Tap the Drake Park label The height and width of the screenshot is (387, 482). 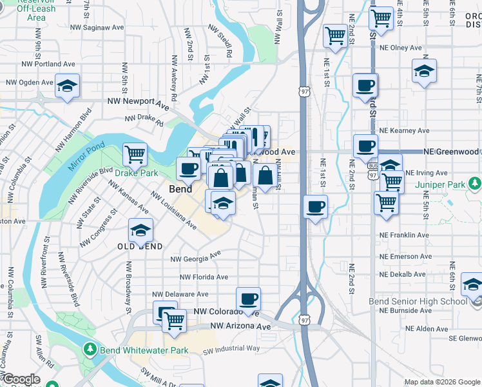tap(136, 173)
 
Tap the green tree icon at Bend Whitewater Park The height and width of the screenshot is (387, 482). tap(90, 350)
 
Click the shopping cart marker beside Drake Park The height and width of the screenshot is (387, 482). tap(135, 154)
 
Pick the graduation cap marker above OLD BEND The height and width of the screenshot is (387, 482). tap(140, 230)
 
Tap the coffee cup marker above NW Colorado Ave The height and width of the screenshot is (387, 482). tap(248, 298)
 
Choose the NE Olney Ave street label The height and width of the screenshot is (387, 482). tap(398, 48)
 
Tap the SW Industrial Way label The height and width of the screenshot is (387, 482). tap(231, 349)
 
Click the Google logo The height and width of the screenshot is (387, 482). tap(21, 379)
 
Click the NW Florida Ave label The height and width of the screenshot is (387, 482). tap(204, 277)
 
